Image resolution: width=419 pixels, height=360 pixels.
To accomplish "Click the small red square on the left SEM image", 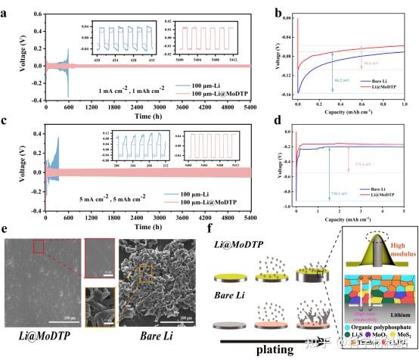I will click(x=60, y=247).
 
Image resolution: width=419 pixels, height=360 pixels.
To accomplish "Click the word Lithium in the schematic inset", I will click(x=392, y=311).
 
